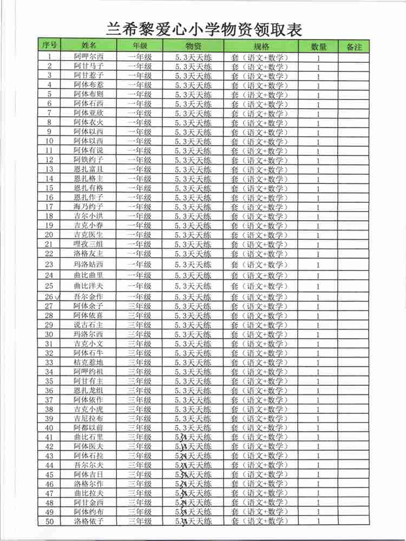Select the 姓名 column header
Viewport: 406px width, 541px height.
click(x=89, y=46)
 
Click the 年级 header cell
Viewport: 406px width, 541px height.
click(x=140, y=46)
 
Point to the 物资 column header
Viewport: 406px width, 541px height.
click(x=193, y=46)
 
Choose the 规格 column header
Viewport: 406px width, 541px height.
click(x=261, y=46)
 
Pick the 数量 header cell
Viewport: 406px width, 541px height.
click(x=319, y=47)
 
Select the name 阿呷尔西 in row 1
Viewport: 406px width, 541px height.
click(x=88, y=57)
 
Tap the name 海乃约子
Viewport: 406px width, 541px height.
click(x=88, y=207)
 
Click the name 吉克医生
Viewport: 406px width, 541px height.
click(x=88, y=235)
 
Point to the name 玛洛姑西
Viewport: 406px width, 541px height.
click(x=88, y=265)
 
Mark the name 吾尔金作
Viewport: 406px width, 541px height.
click(x=88, y=296)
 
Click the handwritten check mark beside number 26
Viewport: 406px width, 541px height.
click(x=58, y=296)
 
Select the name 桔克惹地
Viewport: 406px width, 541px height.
click(x=88, y=362)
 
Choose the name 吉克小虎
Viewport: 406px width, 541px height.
click(x=88, y=410)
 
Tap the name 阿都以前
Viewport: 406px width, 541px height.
click(x=88, y=428)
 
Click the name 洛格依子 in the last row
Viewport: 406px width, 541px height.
click(x=88, y=522)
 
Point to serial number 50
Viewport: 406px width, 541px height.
click(x=49, y=522)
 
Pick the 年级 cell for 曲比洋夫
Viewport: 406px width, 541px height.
click(x=140, y=286)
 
